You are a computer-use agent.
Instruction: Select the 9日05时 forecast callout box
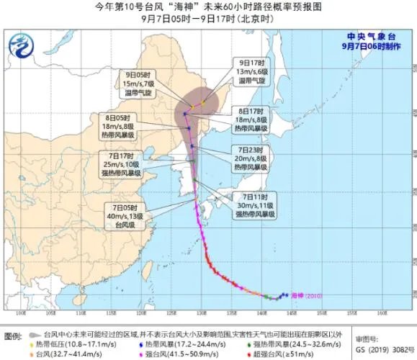pyautogui.click(x=138, y=83)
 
